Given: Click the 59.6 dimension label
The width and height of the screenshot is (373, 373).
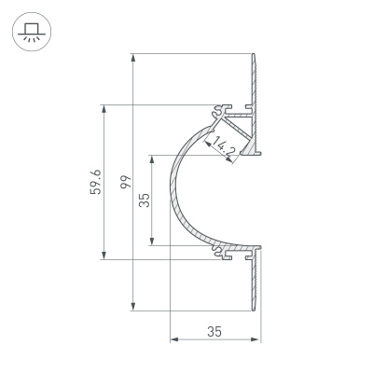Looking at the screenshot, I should (87, 181).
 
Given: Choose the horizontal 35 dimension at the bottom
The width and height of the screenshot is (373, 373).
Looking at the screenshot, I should (214, 332).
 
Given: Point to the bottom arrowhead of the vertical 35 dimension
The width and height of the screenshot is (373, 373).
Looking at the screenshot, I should (149, 243).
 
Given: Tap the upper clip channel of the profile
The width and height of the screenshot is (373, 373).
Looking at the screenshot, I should (227, 109).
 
